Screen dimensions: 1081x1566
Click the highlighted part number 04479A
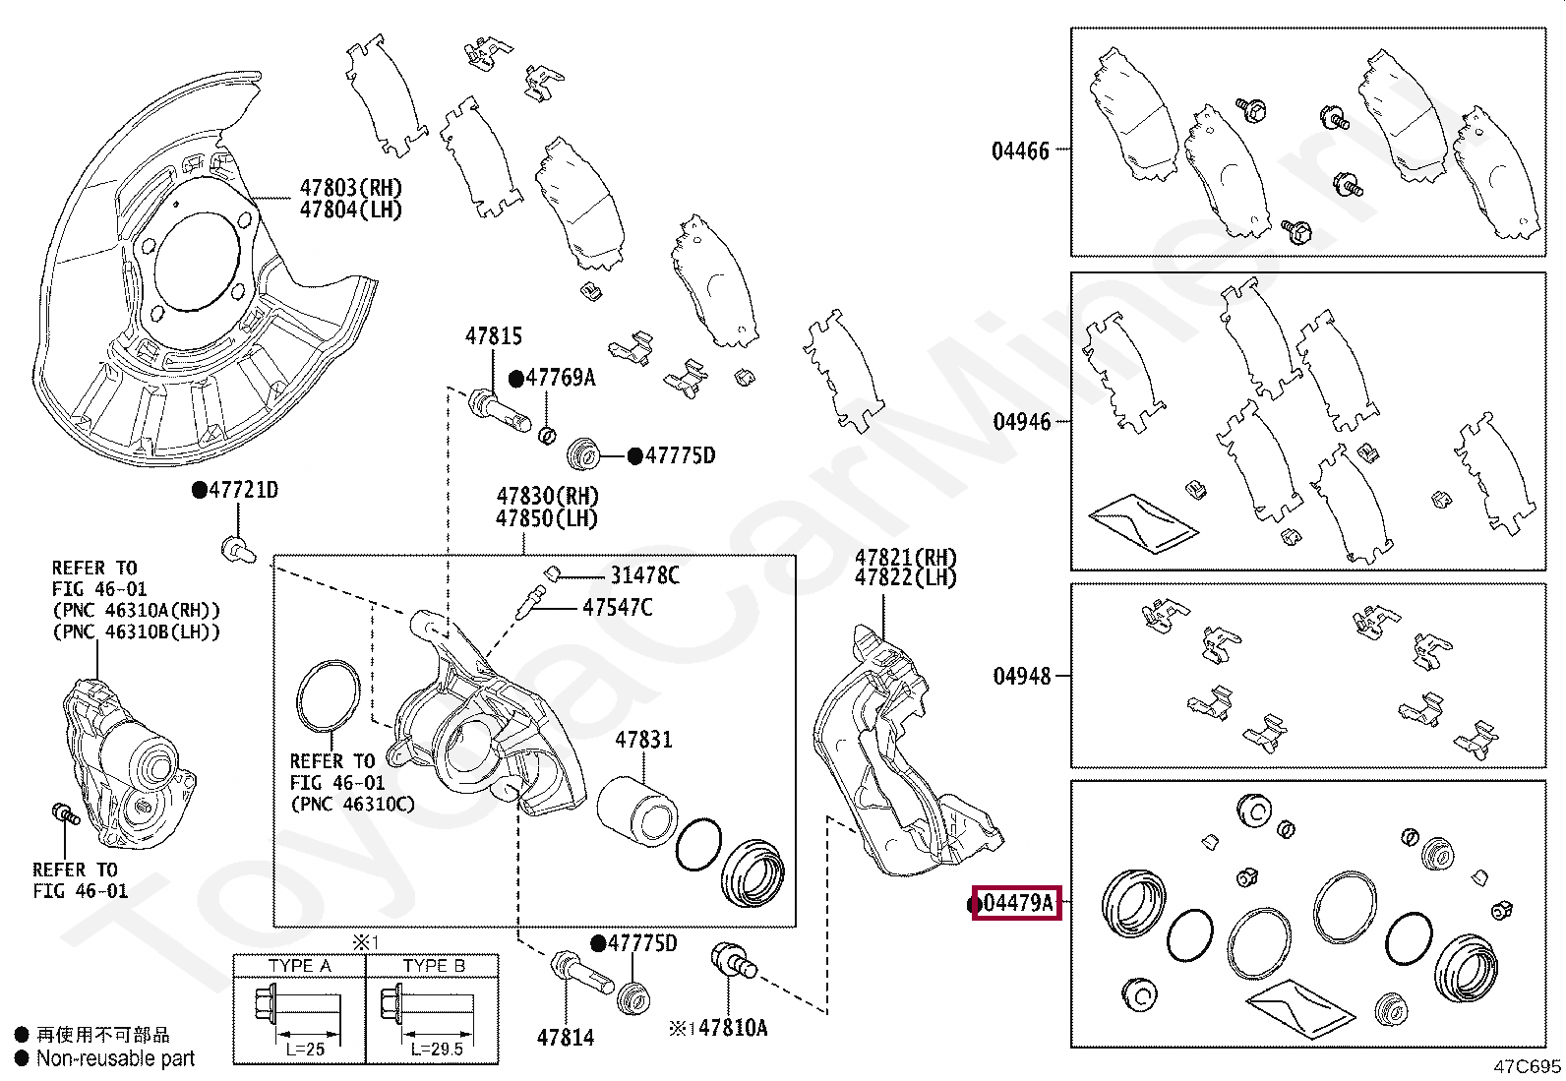point(1017,902)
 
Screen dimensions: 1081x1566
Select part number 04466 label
point(1020,151)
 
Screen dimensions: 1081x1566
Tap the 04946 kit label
point(1021,422)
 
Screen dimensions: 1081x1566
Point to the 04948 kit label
point(1021,676)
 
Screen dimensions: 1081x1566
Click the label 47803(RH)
point(350,188)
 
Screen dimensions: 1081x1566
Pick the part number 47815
point(494,336)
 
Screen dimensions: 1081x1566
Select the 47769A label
point(559,378)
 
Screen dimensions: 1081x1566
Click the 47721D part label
point(242,490)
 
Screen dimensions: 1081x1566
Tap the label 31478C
point(644,575)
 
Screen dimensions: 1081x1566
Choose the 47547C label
point(617,607)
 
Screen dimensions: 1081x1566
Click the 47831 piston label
point(643,739)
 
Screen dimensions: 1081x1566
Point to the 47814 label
point(566,1037)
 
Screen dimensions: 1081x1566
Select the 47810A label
point(732,1028)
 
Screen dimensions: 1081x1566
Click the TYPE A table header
point(299,965)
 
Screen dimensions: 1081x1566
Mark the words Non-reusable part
point(115,1058)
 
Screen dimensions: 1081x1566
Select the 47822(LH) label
point(905,578)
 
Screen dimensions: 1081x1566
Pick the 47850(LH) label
point(547,518)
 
